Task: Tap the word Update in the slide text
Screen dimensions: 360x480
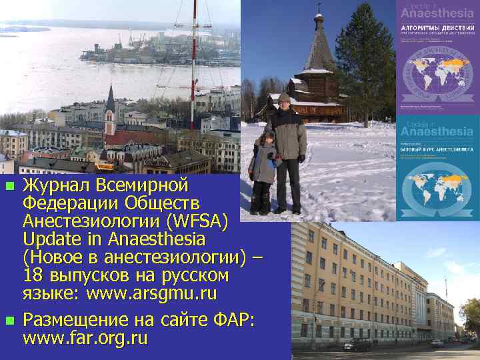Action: (52, 239)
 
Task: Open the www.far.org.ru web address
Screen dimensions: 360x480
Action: (85, 338)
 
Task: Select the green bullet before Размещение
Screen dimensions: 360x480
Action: (9, 321)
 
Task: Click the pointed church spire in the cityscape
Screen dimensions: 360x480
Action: (111, 100)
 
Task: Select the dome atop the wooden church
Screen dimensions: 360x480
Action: (319, 20)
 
